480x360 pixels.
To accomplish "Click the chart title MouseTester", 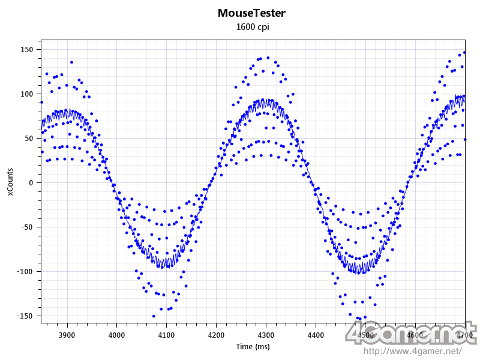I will pyautogui.click(x=251, y=13).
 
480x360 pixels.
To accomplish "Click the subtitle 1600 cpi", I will pyautogui.click(x=251, y=26).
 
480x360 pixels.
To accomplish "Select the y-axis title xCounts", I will pyautogui.click(x=10, y=182).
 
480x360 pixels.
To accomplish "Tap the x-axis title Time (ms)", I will pyautogui.click(x=251, y=347).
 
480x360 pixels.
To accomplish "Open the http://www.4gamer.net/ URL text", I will pyautogui.click(x=413, y=350).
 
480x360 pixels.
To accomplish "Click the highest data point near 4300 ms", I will pyautogui.click(x=268, y=58).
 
